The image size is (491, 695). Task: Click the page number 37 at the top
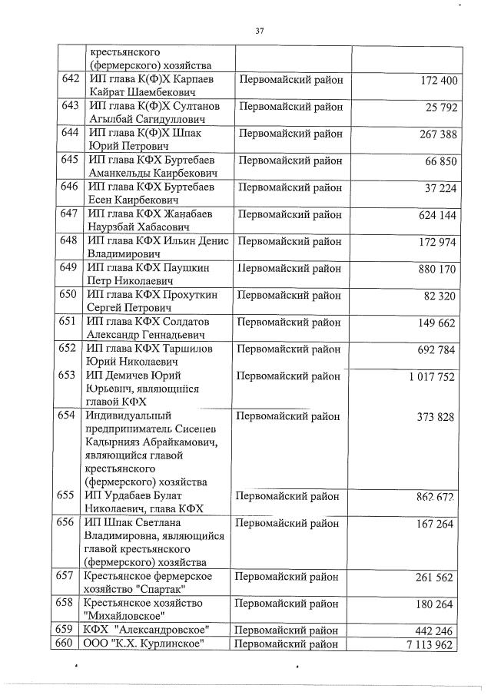click(x=259, y=31)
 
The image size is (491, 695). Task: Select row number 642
click(x=70, y=80)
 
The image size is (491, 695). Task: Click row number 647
click(x=70, y=213)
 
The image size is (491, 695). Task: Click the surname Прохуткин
click(x=195, y=294)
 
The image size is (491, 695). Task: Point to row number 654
click(x=70, y=415)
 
